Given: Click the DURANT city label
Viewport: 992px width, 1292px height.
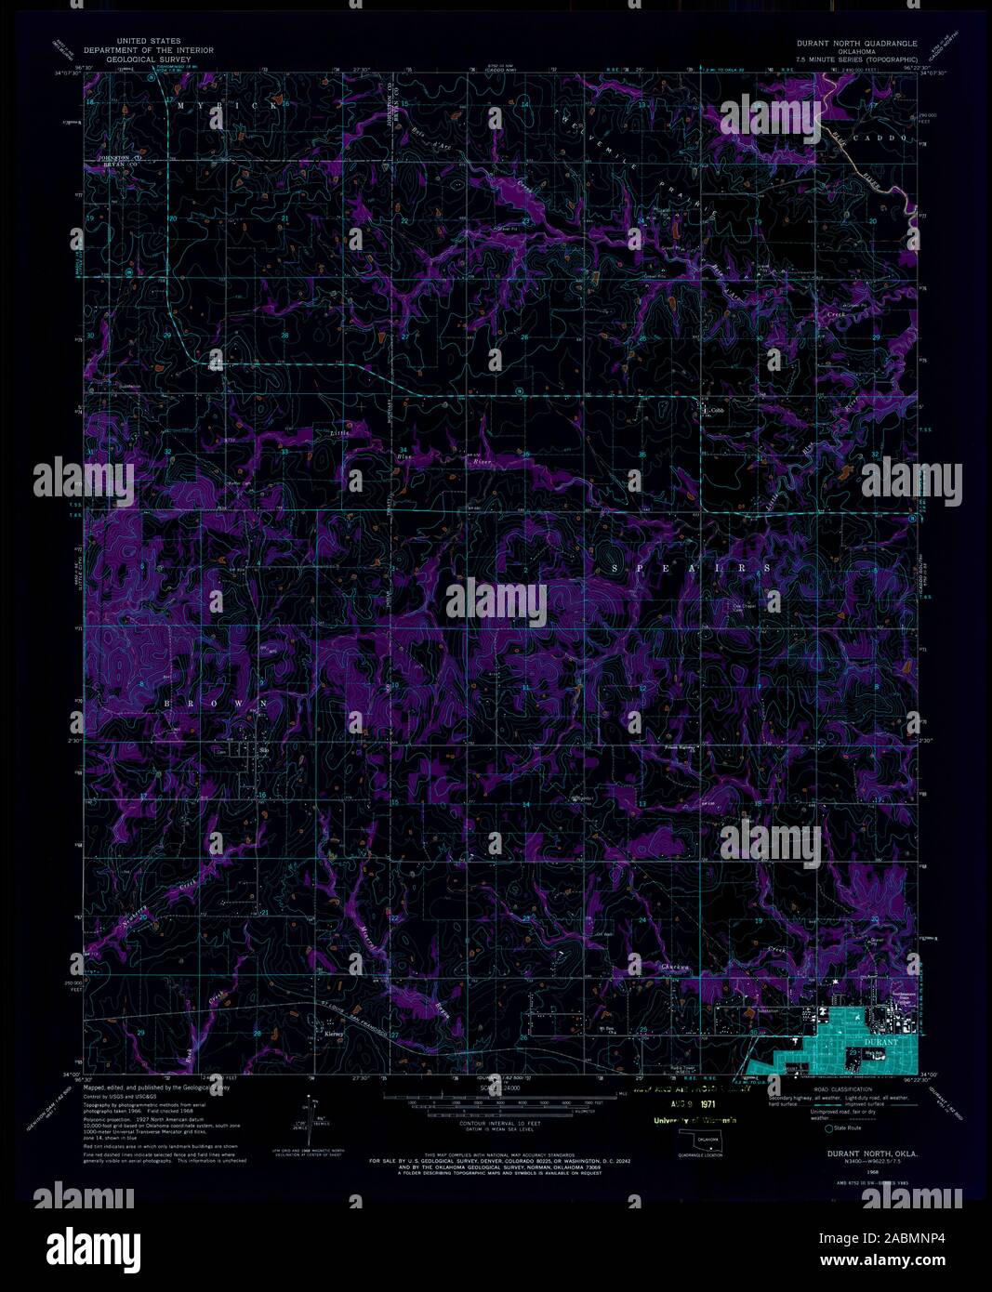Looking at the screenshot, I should [882, 1043].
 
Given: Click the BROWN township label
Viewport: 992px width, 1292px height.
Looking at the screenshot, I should [218, 704].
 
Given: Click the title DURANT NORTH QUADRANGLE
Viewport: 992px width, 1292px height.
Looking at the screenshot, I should [855, 44].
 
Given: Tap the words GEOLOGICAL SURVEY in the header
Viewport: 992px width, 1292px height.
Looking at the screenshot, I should [150, 59].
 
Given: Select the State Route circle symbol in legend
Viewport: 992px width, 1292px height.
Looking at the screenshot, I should [828, 1128].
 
